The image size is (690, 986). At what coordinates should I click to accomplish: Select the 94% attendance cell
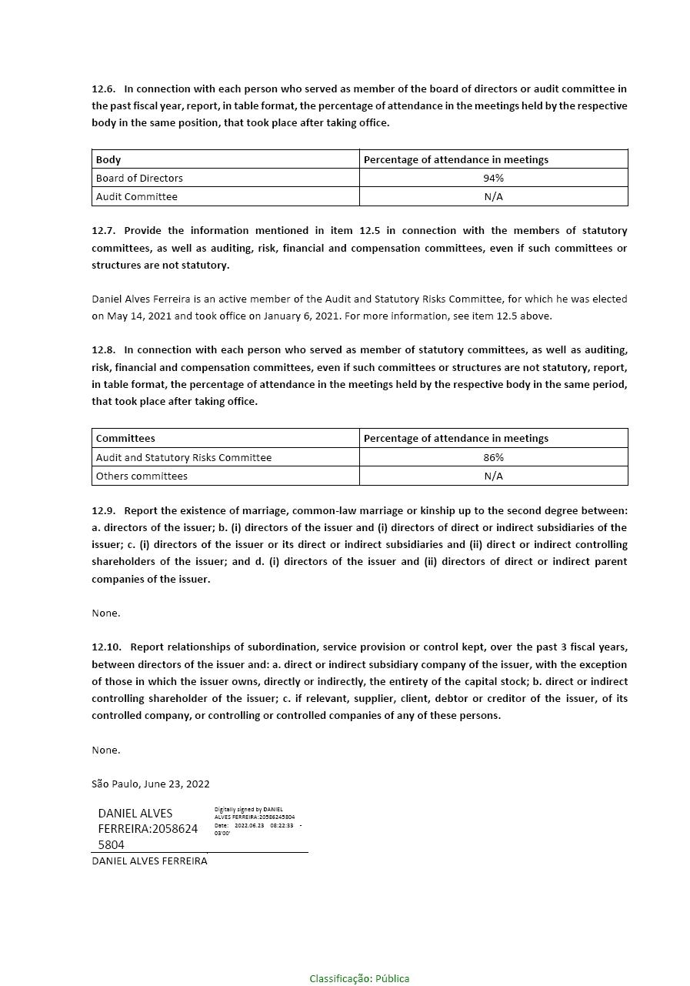(x=493, y=178)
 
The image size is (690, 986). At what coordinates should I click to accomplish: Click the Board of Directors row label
(x=139, y=178)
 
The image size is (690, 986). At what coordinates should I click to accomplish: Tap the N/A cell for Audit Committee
(x=493, y=196)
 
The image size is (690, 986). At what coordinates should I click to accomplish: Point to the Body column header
(x=108, y=159)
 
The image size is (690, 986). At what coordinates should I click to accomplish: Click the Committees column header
(x=125, y=438)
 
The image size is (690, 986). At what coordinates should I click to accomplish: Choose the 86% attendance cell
(x=493, y=457)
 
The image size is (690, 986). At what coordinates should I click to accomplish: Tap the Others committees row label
(x=142, y=476)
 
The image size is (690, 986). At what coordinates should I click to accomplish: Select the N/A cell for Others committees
(x=493, y=476)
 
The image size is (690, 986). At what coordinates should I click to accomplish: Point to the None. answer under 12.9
(x=106, y=613)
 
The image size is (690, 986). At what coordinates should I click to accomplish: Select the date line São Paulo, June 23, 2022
(x=151, y=784)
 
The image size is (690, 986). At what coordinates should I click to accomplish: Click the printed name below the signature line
(x=149, y=861)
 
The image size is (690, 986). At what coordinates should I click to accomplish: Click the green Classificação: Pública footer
(x=359, y=978)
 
